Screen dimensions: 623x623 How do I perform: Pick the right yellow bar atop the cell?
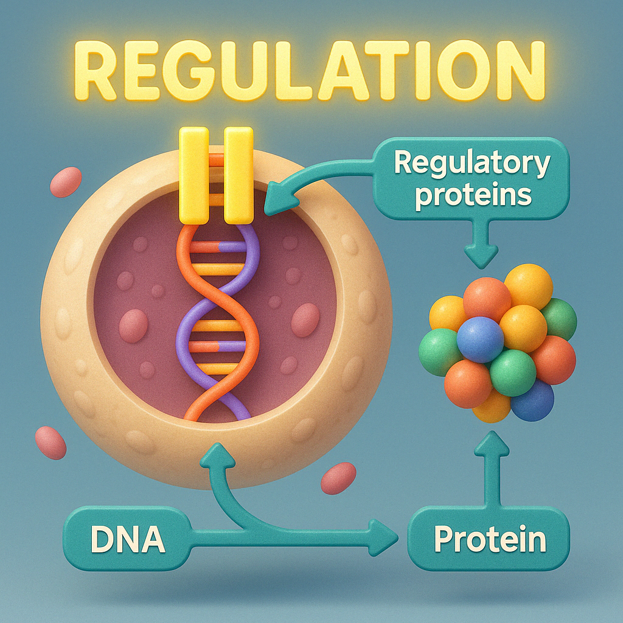point(238,175)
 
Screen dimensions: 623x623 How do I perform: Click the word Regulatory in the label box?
point(472,164)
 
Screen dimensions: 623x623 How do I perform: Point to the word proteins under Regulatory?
point(472,196)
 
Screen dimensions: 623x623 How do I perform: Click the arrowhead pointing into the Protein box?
point(385,538)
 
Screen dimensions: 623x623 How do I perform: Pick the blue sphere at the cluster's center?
point(481,339)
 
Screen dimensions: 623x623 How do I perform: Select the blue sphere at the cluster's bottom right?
point(532,400)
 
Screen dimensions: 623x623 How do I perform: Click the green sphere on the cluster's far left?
point(439,352)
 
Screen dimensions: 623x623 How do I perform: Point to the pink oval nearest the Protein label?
point(338,478)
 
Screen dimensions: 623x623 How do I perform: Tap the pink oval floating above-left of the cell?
point(66,182)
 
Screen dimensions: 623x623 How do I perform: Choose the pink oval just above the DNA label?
point(50,442)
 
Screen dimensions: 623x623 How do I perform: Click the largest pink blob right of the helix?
point(305,320)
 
